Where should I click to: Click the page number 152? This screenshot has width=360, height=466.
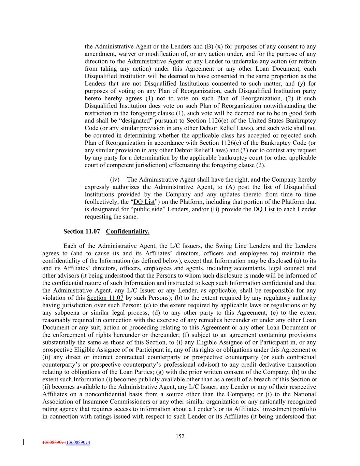coord(180,436)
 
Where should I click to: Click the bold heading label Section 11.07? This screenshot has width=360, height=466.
coord(82,231)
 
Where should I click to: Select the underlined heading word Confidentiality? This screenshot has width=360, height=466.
coord(128,231)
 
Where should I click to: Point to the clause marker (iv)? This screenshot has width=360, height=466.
coord(115,180)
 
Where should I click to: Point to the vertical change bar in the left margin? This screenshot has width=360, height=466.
coord(23,442)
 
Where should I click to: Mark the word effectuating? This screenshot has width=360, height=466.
coord(181,165)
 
